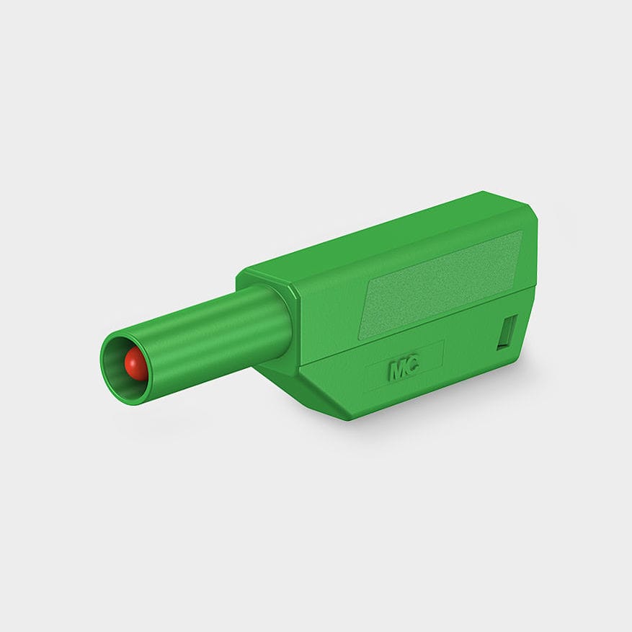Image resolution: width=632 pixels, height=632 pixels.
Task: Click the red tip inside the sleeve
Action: [x=135, y=364]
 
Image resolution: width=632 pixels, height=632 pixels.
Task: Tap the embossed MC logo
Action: [x=404, y=369]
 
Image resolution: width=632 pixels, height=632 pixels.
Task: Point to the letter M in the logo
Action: [x=397, y=370]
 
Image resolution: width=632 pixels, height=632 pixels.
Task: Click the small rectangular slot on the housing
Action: [x=507, y=332]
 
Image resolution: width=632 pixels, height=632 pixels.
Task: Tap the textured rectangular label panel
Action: [x=441, y=284]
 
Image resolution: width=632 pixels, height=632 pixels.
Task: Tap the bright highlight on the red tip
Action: [x=132, y=359]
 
